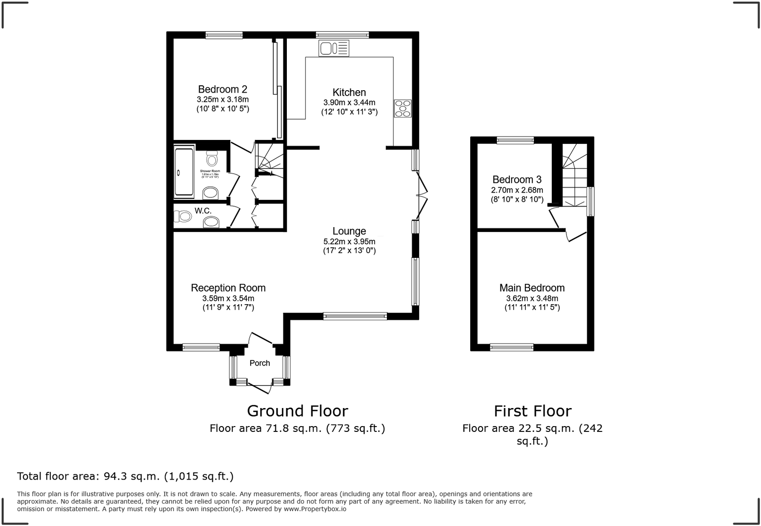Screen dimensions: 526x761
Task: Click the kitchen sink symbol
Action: coord(334,48)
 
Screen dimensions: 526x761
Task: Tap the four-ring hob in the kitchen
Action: coord(402,108)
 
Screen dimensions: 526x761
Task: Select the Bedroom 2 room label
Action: coord(222,89)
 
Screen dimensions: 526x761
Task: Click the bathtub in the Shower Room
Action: coord(184,172)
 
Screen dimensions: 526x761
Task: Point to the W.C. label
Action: coord(203,211)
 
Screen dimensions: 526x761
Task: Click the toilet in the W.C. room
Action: coord(183,216)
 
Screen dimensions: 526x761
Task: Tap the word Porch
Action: coord(260,363)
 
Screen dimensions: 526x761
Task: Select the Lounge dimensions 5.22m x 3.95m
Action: coord(349,241)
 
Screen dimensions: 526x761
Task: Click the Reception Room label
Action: coord(228,288)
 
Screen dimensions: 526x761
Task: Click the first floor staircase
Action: coord(574,175)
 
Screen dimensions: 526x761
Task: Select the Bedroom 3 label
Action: coord(517,179)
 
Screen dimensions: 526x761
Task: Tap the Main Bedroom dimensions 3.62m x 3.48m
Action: coord(532,298)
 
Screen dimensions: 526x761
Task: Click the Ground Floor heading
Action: coord(298,411)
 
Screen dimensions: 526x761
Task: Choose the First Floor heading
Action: coord(532,411)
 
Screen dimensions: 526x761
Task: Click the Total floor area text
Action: coord(125,476)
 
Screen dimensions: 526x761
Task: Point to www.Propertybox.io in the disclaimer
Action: coord(315,509)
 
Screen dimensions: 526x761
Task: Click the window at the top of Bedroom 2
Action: coord(224,35)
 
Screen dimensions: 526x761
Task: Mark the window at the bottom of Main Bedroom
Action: coord(511,347)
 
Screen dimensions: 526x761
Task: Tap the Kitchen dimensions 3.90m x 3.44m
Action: coord(349,102)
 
